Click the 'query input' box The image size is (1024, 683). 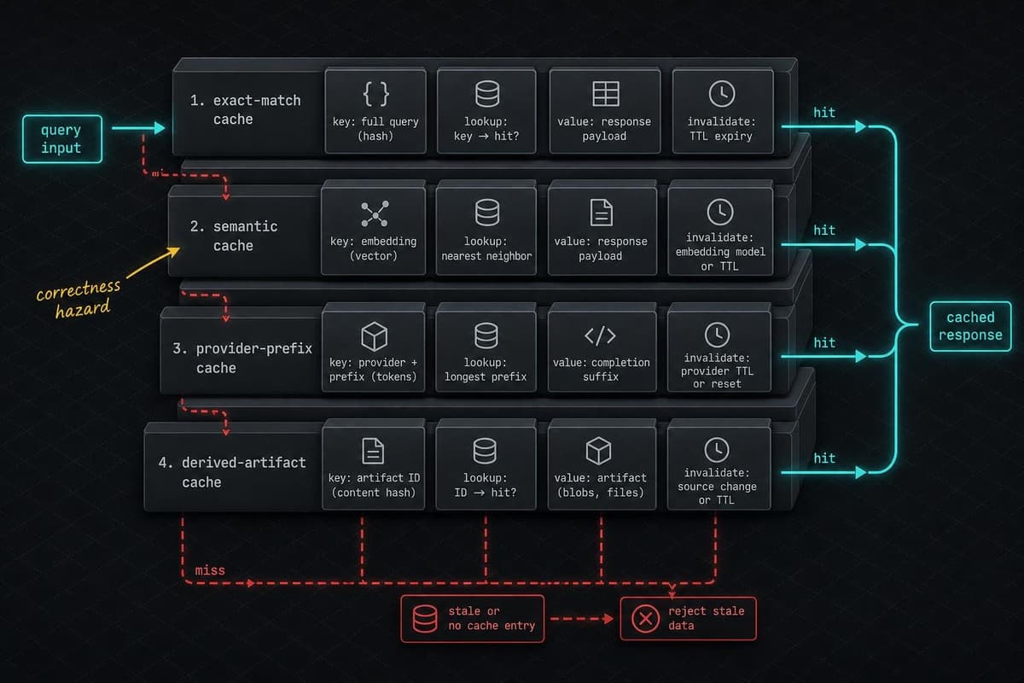[62, 139]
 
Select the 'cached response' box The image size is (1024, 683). [970, 326]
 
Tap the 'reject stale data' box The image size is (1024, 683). [688, 618]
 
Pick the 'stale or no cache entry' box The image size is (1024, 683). [472, 618]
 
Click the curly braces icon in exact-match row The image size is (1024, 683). [375, 94]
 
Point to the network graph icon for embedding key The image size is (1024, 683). [375, 213]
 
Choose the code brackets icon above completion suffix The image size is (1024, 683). [600, 336]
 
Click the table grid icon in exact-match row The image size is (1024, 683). [606, 94]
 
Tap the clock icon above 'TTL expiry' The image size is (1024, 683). [722, 94]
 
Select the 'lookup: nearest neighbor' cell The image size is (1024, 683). [486, 230]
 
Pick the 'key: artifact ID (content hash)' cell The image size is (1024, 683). [374, 467]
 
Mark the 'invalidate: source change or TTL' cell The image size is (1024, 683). [719, 467]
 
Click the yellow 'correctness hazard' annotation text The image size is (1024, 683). [79, 298]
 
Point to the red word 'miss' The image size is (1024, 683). [210, 570]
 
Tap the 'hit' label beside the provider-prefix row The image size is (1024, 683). [824, 342]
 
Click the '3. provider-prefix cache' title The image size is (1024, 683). [242, 359]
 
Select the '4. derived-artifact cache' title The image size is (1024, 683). [232, 472]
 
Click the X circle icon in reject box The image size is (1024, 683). [645, 618]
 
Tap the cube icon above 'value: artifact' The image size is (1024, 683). [598, 451]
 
